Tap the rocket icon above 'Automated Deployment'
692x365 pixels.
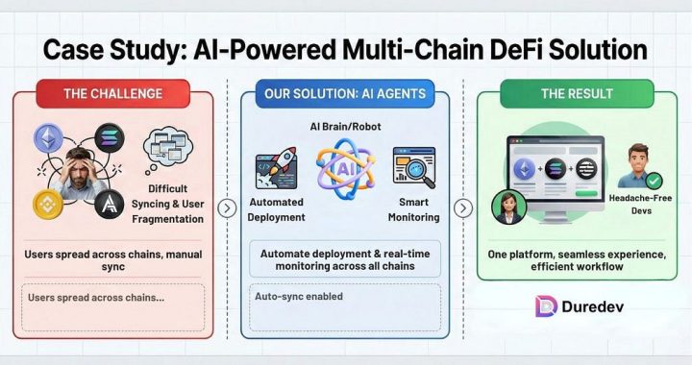click(278, 168)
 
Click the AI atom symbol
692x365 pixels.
click(345, 170)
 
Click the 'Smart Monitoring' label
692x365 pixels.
click(419, 210)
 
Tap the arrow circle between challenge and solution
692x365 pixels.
click(227, 208)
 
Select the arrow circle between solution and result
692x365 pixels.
click(462, 208)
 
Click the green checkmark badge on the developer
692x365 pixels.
click(654, 180)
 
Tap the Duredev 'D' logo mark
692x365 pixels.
click(546, 306)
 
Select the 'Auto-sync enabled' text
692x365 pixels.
click(298, 297)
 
